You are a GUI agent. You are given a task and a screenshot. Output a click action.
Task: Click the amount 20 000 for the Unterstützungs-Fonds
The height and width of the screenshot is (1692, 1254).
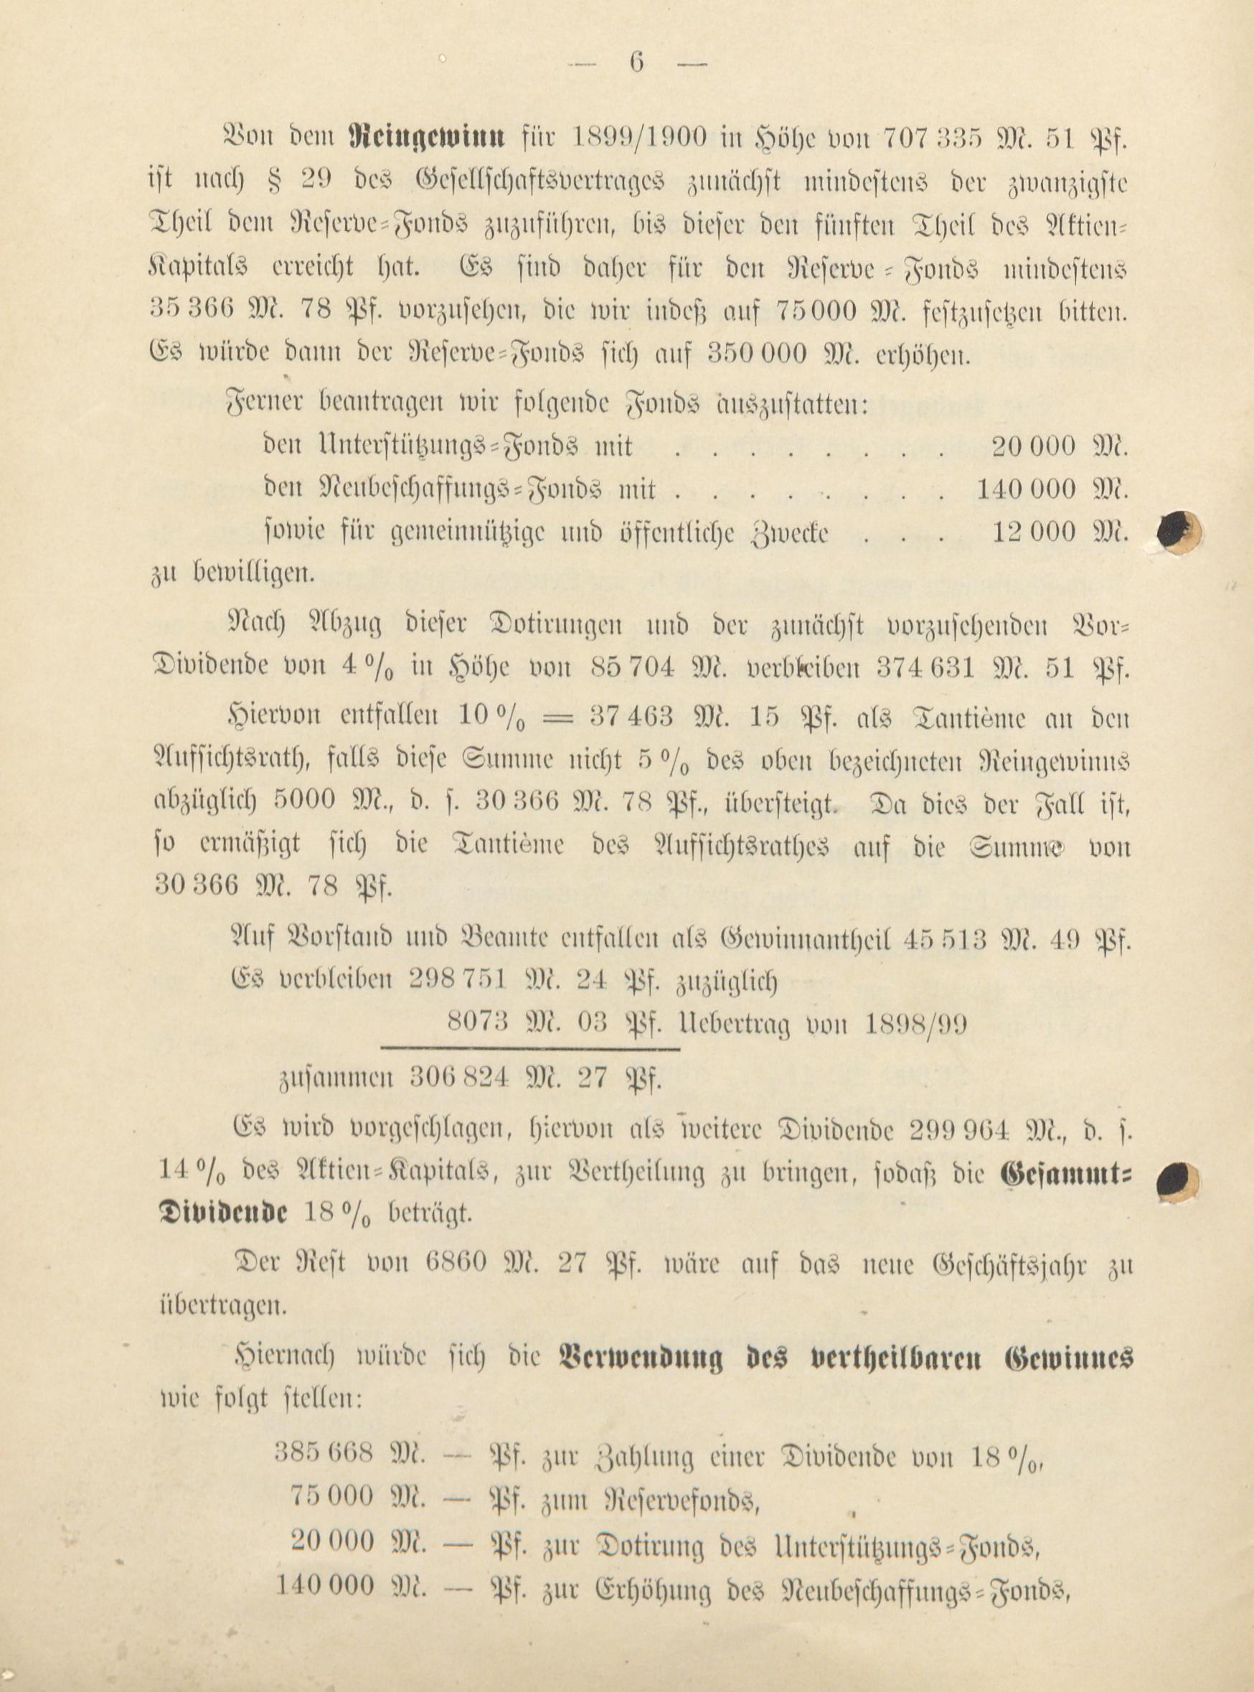(x=1033, y=446)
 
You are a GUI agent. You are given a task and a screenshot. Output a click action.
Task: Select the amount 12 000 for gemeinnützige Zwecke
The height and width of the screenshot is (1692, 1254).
(x=1034, y=533)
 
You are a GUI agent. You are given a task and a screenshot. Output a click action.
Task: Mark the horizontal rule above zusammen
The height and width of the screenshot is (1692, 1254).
(x=530, y=1050)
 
